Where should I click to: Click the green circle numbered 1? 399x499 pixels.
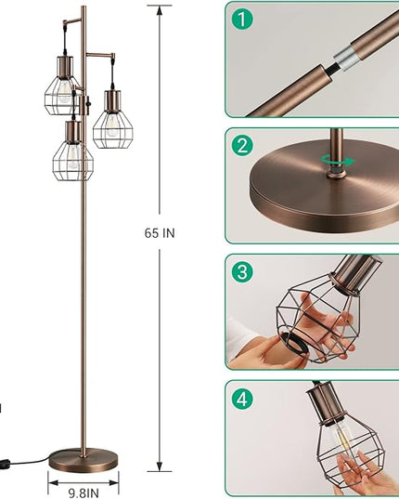[x=242, y=20]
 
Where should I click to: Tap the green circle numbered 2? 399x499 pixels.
[x=242, y=146]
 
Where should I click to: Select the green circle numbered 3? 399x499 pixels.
[x=242, y=272]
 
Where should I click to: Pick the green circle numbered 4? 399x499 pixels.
[x=242, y=398]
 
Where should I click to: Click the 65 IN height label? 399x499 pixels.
[x=160, y=233]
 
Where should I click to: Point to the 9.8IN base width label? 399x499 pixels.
[x=84, y=493]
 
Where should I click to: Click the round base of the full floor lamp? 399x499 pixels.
[x=84, y=460]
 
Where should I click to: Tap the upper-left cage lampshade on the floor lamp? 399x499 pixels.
[x=62, y=95]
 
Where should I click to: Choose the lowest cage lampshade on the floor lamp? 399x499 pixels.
[x=73, y=160]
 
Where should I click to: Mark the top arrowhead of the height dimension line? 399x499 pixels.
[x=160, y=10]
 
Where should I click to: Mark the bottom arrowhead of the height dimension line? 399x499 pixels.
[x=160, y=466]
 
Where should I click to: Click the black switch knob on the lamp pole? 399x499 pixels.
[x=89, y=104]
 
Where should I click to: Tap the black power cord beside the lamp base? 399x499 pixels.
[x=24, y=462]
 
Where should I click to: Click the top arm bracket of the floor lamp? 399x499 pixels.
[x=72, y=22]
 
